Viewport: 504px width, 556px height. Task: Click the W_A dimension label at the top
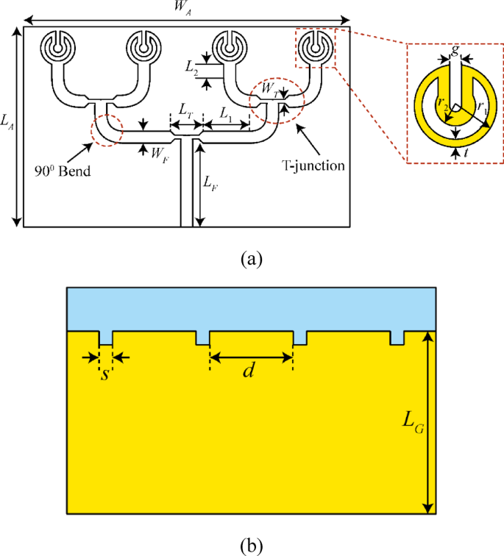click(x=184, y=9)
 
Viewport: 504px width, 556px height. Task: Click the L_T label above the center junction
click(x=187, y=108)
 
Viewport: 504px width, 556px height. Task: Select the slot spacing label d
click(x=249, y=371)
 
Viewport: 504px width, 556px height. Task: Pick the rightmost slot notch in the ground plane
click(x=397, y=338)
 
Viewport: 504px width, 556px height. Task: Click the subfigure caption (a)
click(x=251, y=259)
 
